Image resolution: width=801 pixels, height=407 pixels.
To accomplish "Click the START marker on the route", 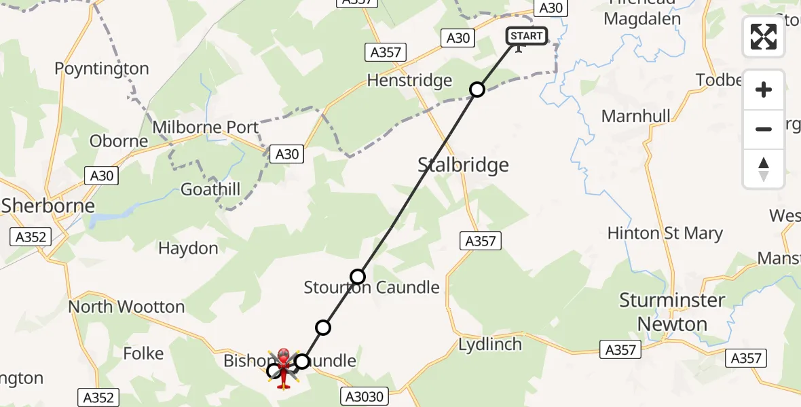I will [526, 36].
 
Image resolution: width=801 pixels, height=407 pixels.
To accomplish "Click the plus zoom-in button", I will [764, 90].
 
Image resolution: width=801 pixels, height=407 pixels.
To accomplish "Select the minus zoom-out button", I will [764, 129].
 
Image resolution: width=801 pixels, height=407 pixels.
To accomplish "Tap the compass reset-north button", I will [764, 168].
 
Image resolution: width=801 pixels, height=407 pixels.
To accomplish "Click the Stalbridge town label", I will [463, 165].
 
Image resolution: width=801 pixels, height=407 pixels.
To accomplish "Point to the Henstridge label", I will [409, 81].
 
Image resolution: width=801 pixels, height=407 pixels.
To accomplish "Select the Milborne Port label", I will [206, 127].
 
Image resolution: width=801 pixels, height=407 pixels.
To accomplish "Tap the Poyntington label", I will [101, 69].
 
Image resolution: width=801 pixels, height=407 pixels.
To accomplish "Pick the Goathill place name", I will [210, 189].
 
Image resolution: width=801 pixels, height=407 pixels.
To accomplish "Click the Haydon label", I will [188, 248].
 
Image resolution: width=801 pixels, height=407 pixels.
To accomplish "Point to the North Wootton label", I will [126, 307].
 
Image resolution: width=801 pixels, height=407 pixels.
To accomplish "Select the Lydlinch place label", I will [490, 344].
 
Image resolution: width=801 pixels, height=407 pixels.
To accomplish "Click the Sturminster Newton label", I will [672, 312].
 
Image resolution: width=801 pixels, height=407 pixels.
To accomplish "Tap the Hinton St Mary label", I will [665, 233].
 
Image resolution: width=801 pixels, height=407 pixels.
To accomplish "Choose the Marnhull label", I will [636, 116].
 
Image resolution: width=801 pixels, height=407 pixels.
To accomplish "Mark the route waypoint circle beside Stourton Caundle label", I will [358, 276].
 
